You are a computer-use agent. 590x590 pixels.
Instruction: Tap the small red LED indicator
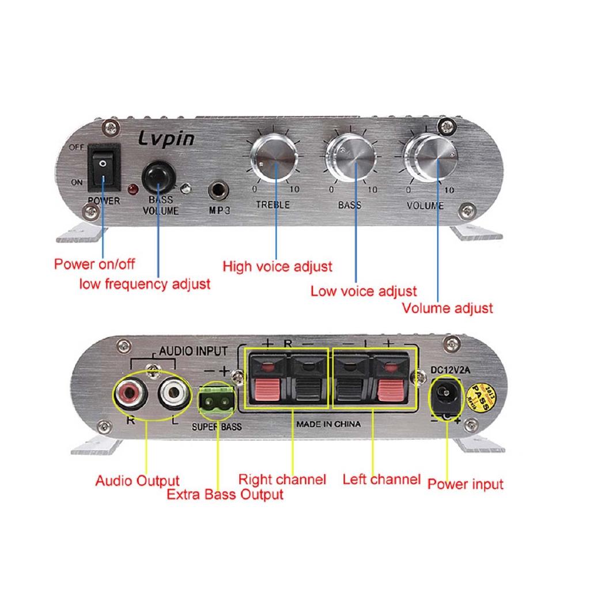(132, 189)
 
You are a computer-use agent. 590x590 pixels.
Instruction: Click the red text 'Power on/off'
(94, 264)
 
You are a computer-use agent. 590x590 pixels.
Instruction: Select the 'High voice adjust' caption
(277, 266)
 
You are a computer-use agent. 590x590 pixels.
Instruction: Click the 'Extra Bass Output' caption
(225, 494)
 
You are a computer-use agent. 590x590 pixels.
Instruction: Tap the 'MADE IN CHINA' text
(328, 424)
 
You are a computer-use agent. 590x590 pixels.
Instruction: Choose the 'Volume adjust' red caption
(447, 308)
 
